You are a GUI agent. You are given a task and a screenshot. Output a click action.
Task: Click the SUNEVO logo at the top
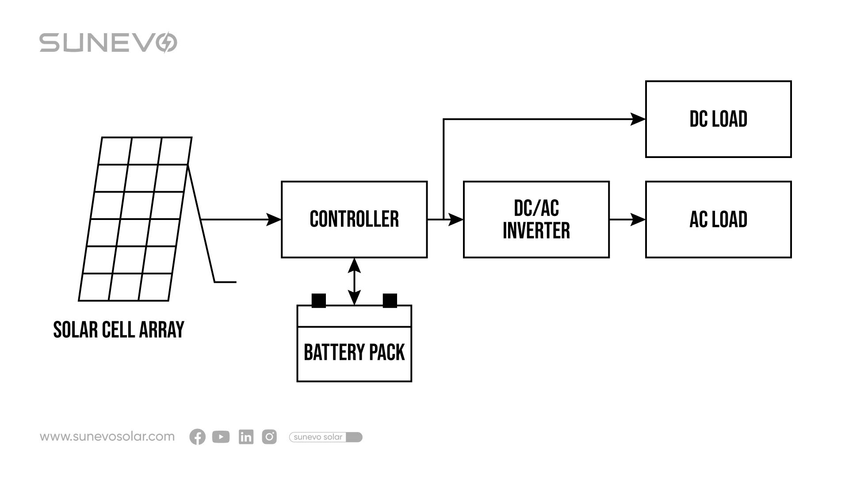[108, 42]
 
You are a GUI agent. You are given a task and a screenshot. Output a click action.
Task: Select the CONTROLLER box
[354, 219]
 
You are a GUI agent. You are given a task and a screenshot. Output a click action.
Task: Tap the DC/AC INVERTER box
[536, 219]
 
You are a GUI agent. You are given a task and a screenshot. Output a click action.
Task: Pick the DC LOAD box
[718, 119]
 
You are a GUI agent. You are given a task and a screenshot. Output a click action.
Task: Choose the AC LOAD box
[718, 219]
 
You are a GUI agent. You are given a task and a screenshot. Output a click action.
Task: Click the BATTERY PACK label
[354, 353]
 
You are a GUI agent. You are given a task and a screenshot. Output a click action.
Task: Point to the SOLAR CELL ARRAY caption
[119, 330]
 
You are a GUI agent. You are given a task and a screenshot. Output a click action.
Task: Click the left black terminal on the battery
[318, 301]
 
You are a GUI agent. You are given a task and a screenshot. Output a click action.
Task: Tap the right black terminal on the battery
[390, 301]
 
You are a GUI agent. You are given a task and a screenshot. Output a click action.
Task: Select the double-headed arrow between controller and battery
[354, 281]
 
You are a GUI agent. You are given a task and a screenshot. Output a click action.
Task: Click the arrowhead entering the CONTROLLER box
[274, 219]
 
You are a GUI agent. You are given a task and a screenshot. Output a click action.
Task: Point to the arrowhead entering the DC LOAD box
[638, 119]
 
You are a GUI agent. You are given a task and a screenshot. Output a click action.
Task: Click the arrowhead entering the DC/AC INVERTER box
[455, 219]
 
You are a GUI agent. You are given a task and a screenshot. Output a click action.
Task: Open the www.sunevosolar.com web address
[107, 437]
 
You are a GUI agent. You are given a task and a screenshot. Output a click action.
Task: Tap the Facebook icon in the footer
[197, 437]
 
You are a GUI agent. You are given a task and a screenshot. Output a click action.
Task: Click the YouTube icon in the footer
[221, 437]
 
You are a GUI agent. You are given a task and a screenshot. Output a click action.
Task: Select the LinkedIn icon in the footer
[246, 437]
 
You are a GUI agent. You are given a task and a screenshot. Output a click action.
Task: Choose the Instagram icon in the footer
[269, 437]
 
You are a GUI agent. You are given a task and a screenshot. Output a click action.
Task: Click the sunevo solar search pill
[325, 437]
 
